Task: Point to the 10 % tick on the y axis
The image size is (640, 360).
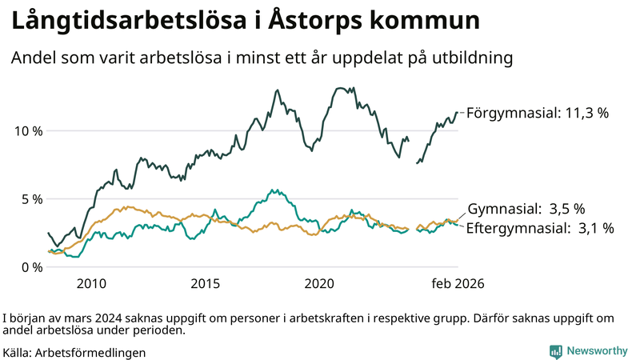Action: (27, 130)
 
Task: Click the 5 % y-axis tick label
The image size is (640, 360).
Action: (30, 198)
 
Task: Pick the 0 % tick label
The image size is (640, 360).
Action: (30, 266)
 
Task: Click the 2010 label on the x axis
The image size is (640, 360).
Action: (91, 283)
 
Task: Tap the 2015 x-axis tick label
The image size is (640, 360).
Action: (206, 283)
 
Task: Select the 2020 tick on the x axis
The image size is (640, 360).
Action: (319, 283)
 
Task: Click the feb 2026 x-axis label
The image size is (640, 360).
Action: (458, 283)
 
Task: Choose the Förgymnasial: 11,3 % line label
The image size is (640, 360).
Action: (537, 113)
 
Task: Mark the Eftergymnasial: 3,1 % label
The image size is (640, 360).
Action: (540, 229)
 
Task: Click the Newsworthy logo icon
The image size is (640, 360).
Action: (555, 351)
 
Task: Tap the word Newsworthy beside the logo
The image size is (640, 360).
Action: (598, 351)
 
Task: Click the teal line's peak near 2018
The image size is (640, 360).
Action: (274, 190)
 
